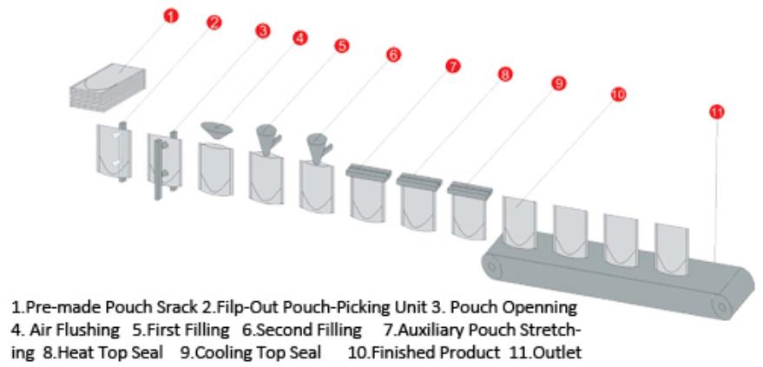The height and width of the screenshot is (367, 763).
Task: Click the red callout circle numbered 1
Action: click(170, 16)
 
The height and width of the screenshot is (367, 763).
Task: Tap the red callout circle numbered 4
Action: click(299, 38)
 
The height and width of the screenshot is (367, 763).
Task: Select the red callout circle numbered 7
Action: click(452, 66)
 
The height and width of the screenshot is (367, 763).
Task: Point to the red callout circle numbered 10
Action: click(617, 95)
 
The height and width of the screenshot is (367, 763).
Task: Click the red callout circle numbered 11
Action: click(716, 112)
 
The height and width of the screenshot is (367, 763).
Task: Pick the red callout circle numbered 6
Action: click(393, 55)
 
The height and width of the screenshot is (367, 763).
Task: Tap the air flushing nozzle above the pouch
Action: click(217, 130)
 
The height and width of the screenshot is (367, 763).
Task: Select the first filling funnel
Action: click(268, 138)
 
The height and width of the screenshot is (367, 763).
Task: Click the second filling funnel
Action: click(319, 147)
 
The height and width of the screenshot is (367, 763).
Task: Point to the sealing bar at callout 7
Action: click(368, 172)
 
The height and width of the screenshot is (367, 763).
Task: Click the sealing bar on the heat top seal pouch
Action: click(418, 180)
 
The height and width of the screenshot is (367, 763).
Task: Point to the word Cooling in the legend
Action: click(214, 352)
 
